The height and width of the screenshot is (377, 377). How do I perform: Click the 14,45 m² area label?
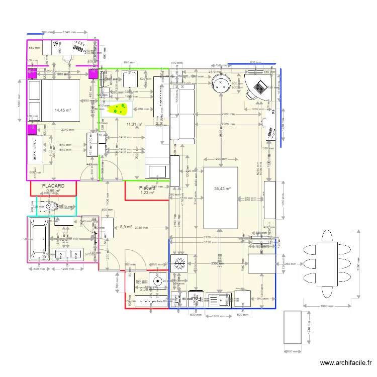tap(63, 110)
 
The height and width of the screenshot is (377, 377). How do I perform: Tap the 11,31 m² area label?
tap(134, 124)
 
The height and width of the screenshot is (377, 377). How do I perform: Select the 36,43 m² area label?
tap(222, 189)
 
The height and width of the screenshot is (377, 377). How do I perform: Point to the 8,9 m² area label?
tap(126, 227)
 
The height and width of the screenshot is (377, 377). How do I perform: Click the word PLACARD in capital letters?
tap(53, 186)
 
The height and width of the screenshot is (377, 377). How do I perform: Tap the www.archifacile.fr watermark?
tap(346, 363)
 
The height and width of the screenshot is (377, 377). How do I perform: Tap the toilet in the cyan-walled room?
tap(52, 206)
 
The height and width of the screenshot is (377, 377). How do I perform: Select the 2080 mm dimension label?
tap(141, 228)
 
